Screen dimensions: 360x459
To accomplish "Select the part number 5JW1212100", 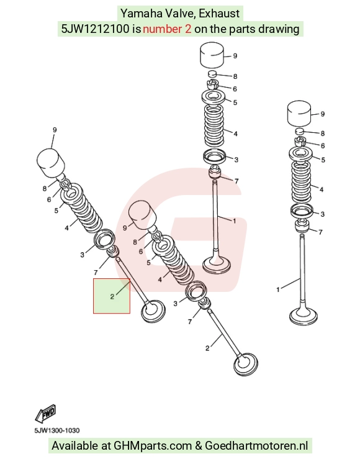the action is (x=95, y=29).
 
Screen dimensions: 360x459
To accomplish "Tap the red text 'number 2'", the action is (x=167, y=29).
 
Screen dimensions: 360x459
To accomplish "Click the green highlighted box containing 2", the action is (x=112, y=296).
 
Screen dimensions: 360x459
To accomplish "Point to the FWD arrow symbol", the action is (x=45, y=414).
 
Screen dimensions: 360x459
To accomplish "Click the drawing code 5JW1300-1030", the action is (x=56, y=430).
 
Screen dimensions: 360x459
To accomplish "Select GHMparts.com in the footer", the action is (x=152, y=446).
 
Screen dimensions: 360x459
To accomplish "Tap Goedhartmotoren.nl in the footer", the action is (x=256, y=446).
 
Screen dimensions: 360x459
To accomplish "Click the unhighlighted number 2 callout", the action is (x=207, y=348).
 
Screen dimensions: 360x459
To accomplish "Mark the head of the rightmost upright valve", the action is (x=304, y=316).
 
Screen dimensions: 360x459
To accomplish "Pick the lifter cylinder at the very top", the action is (x=212, y=55).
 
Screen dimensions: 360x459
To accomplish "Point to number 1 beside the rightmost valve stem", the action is (x=278, y=290).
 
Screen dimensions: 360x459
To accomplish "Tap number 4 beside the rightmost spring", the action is (x=322, y=189).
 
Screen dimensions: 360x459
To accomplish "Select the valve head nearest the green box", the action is (x=153, y=311).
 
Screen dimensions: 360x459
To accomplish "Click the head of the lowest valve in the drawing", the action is (x=246, y=364).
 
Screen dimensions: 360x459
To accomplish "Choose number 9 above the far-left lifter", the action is (x=55, y=130).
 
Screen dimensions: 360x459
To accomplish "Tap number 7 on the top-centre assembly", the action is (x=236, y=181).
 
